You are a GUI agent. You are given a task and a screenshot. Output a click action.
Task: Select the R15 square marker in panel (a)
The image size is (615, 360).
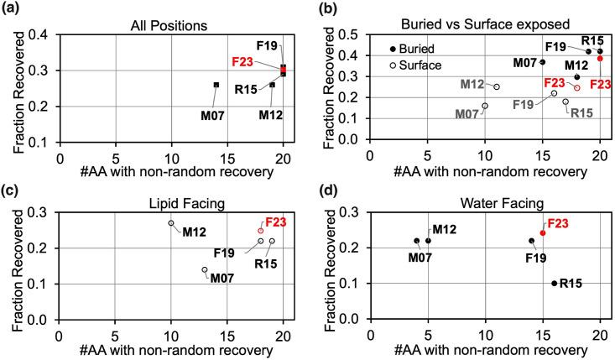[273, 85]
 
